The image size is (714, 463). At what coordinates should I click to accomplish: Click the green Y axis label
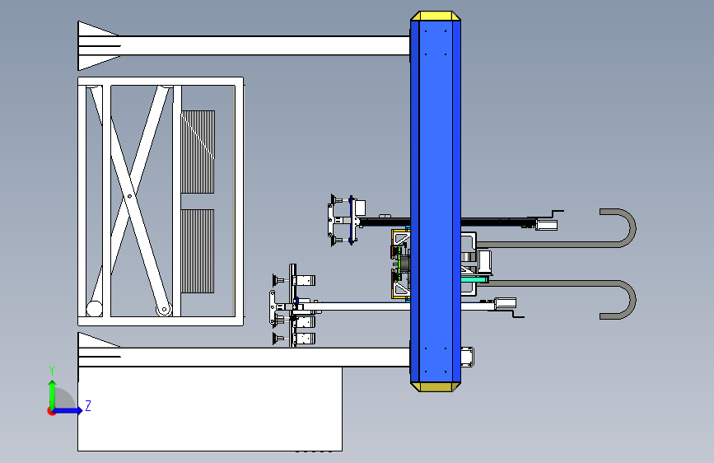tap(52, 370)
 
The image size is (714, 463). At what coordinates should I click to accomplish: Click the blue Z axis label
tap(88, 405)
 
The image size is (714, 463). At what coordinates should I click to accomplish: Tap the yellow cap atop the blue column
tap(436, 16)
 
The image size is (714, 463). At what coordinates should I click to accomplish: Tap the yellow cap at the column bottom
tap(436, 387)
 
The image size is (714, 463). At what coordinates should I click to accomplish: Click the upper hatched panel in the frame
tap(198, 152)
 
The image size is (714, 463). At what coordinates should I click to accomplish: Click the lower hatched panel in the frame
tap(198, 251)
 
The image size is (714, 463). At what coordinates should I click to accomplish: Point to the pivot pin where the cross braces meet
tap(130, 196)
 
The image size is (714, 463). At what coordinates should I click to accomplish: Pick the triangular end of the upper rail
tap(98, 45)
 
